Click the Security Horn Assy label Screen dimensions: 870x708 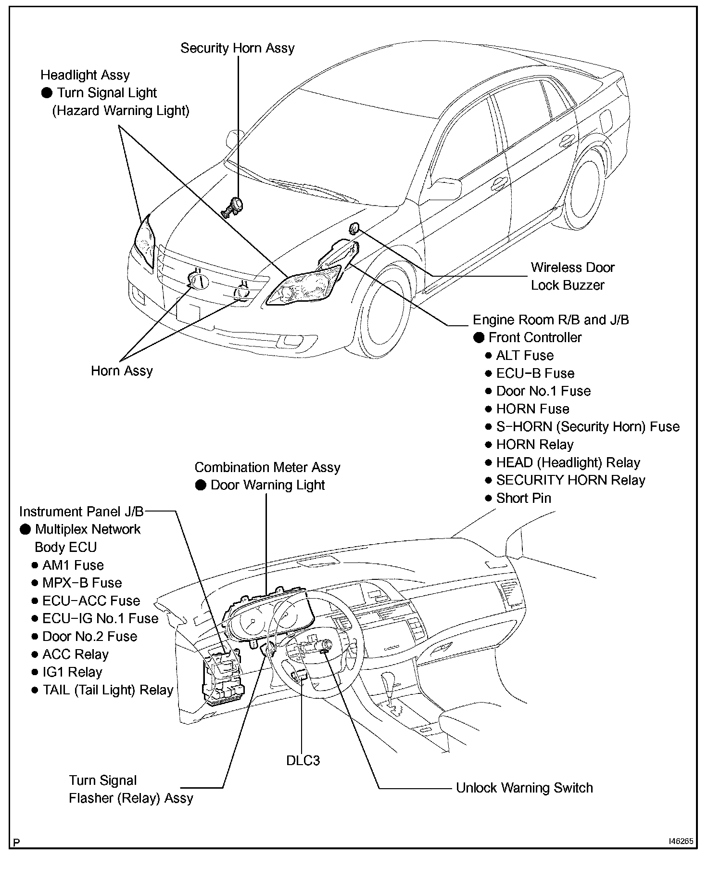click(x=237, y=48)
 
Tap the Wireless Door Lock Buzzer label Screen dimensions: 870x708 click(x=572, y=276)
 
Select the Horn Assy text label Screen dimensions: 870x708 click(x=122, y=371)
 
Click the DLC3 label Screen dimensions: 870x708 click(x=303, y=761)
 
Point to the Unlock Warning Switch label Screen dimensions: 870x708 click(x=524, y=788)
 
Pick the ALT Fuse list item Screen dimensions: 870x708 click(x=524, y=356)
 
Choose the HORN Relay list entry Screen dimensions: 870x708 click(x=534, y=445)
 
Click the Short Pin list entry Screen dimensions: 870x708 click(x=523, y=498)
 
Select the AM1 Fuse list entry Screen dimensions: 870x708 click(x=73, y=565)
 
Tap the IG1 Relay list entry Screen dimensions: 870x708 click(x=72, y=672)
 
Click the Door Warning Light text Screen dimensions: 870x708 click(x=267, y=485)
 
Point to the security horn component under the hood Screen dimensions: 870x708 click(x=234, y=206)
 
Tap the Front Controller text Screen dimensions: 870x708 click(x=535, y=338)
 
